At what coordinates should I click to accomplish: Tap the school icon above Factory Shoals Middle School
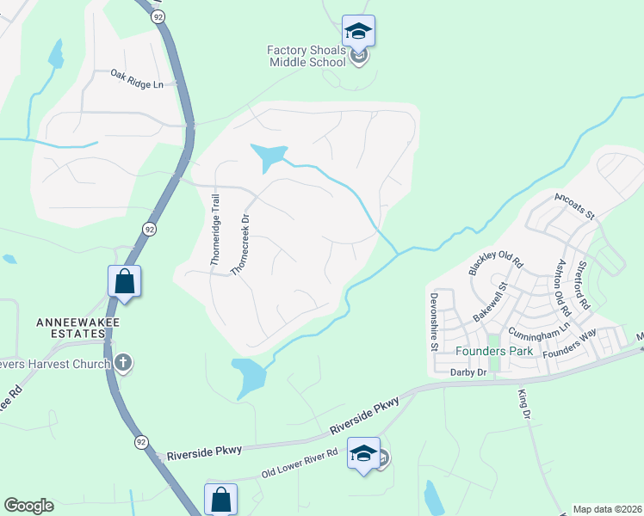[358, 33]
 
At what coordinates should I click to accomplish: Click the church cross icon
[123, 363]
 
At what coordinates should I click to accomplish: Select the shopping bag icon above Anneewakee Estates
[124, 280]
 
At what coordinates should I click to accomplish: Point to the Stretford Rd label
[583, 286]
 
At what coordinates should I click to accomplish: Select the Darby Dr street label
[468, 372]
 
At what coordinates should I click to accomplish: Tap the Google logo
[28, 506]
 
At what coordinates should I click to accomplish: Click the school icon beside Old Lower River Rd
[363, 453]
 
